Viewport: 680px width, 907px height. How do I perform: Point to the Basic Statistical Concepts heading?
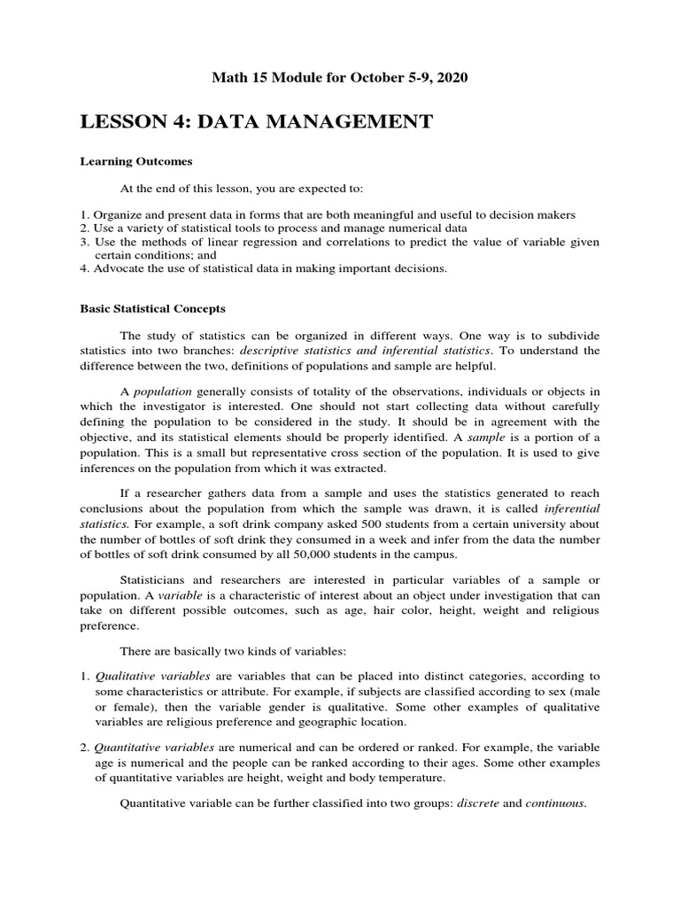tap(153, 309)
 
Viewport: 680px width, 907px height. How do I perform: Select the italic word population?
tap(162, 391)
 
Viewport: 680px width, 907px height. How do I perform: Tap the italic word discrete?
tap(479, 803)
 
